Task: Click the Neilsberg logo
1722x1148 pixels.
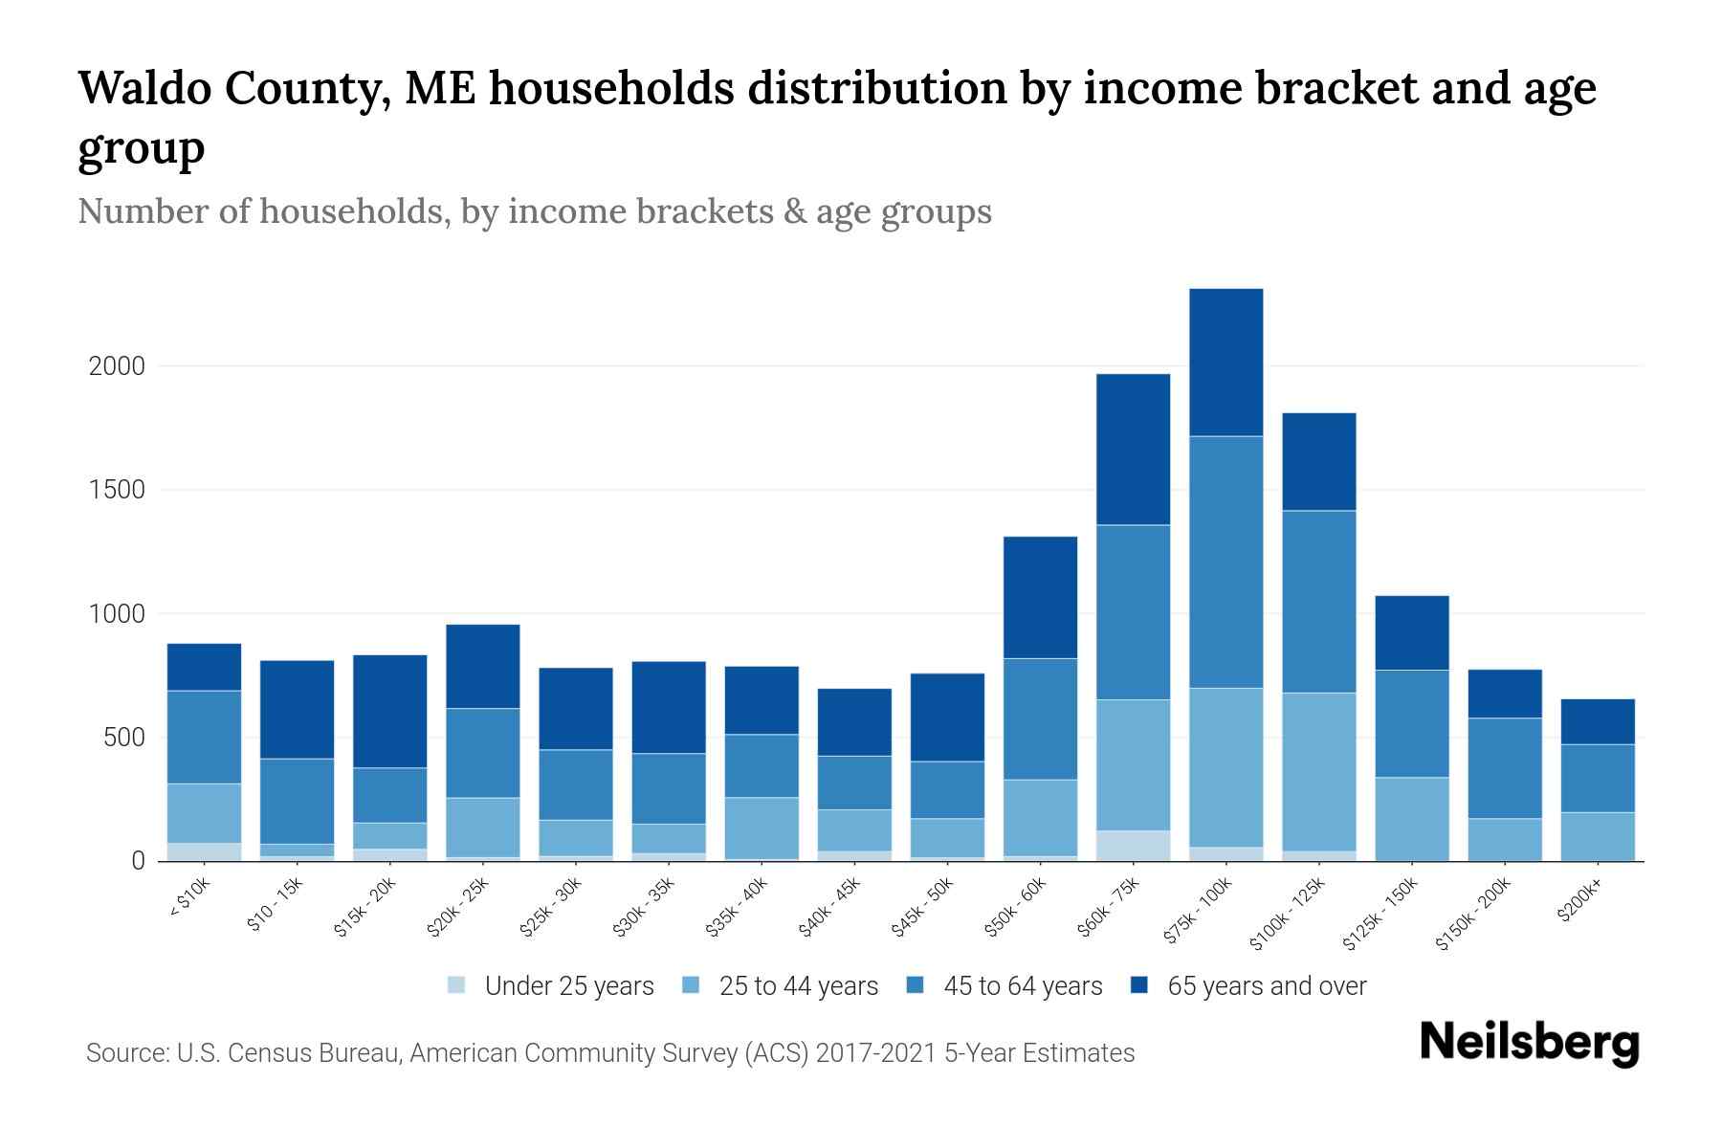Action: [1529, 1043]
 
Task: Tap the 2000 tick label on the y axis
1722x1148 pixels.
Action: [116, 366]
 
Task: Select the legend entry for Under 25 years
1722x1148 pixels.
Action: [569, 986]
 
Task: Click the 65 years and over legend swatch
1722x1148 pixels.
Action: [1139, 985]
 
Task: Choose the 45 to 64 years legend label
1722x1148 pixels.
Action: [1023, 986]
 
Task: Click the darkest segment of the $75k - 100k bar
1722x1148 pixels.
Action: [1225, 362]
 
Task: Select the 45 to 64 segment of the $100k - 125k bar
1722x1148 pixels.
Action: [1318, 601]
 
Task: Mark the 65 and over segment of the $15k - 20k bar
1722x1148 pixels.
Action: [389, 711]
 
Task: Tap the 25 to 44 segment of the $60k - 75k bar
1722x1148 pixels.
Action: [1133, 764]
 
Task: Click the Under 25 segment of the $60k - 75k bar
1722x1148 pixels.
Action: [1133, 845]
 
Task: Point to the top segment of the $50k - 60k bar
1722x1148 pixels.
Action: [1040, 597]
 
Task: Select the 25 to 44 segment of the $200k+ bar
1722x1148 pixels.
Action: [1597, 836]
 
